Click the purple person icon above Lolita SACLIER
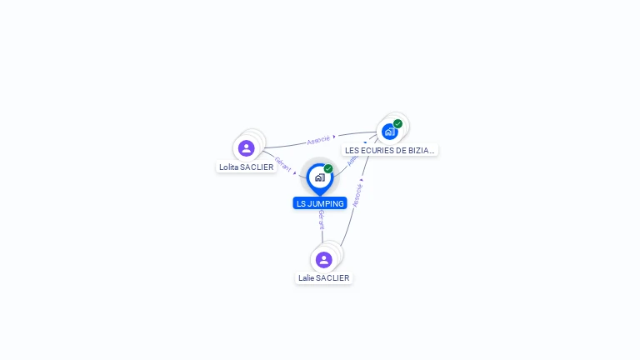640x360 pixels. click(x=246, y=148)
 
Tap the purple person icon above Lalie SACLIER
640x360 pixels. click(x=324, y=260)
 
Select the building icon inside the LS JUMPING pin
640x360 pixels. click(x=319, y=177)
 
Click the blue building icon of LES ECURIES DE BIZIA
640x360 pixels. click(x=389, y=132)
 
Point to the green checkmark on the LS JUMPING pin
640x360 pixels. click(x=328, y=169)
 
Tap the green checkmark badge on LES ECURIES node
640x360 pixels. click(x=398, y=124)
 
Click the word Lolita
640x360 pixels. click(x=228, y=167)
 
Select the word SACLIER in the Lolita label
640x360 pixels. click(x=257, y=167)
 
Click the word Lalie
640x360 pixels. click(x=307, y=278)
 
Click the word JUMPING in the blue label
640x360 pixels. click(x=326, y=203)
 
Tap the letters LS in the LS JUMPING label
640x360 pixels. click(x=301, y=203)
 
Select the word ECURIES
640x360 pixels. click(x=377, y=151)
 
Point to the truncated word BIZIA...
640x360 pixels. click(x=422, y=151)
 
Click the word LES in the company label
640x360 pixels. click(x=352, y=151)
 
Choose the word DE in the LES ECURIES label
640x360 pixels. click(x=402, y=151)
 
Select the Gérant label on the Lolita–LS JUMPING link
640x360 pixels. click(x=282, y=163)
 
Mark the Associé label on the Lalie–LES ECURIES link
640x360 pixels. click(x=357, y=193)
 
